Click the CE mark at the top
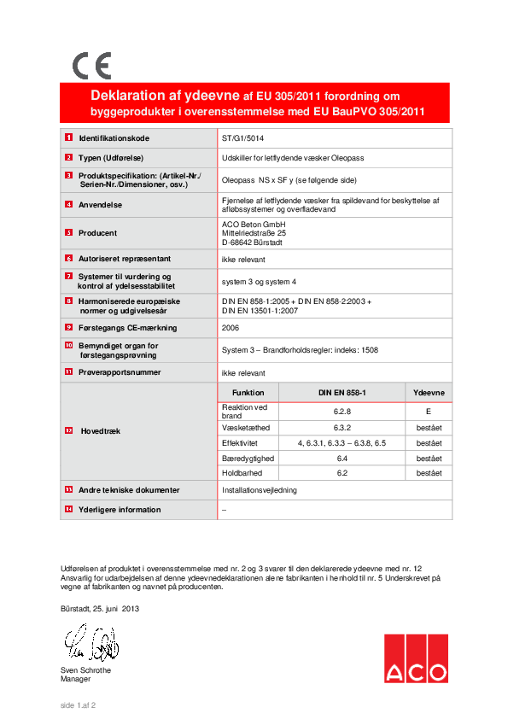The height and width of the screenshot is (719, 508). (91, 66)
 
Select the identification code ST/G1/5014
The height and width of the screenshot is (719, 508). (243, 137)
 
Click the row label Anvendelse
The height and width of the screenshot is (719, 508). (101, 205)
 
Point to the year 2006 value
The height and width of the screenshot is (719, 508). (231, 328)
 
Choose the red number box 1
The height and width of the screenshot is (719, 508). (67, 137)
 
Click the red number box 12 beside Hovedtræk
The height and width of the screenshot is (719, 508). (68, 431)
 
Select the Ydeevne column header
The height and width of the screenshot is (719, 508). (429, 392)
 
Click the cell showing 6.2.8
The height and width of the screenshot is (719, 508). (343, 412)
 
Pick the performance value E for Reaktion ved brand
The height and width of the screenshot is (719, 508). (429, 412)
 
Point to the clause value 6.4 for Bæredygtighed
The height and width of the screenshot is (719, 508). (343, 458)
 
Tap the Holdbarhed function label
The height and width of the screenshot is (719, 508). (242, 472)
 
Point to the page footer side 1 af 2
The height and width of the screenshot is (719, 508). (78, 705)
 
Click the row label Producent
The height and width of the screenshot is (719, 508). (98, 232)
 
